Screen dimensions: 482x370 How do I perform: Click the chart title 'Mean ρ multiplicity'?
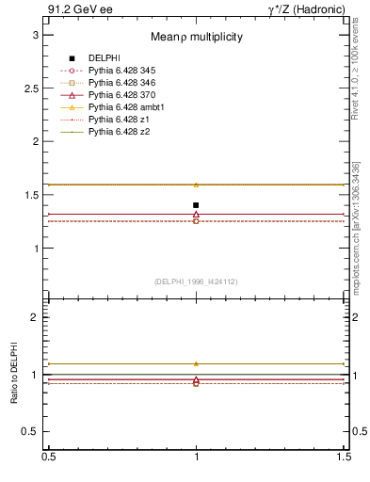point(197,37)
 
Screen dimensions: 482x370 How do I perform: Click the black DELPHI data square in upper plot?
point(196,205)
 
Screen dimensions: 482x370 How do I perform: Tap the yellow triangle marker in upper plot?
point(196,185)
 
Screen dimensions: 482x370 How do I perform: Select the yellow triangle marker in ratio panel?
point(196,363)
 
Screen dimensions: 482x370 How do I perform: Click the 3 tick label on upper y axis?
point(37,35)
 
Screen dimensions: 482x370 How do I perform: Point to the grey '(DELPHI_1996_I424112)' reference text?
point(196,281)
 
